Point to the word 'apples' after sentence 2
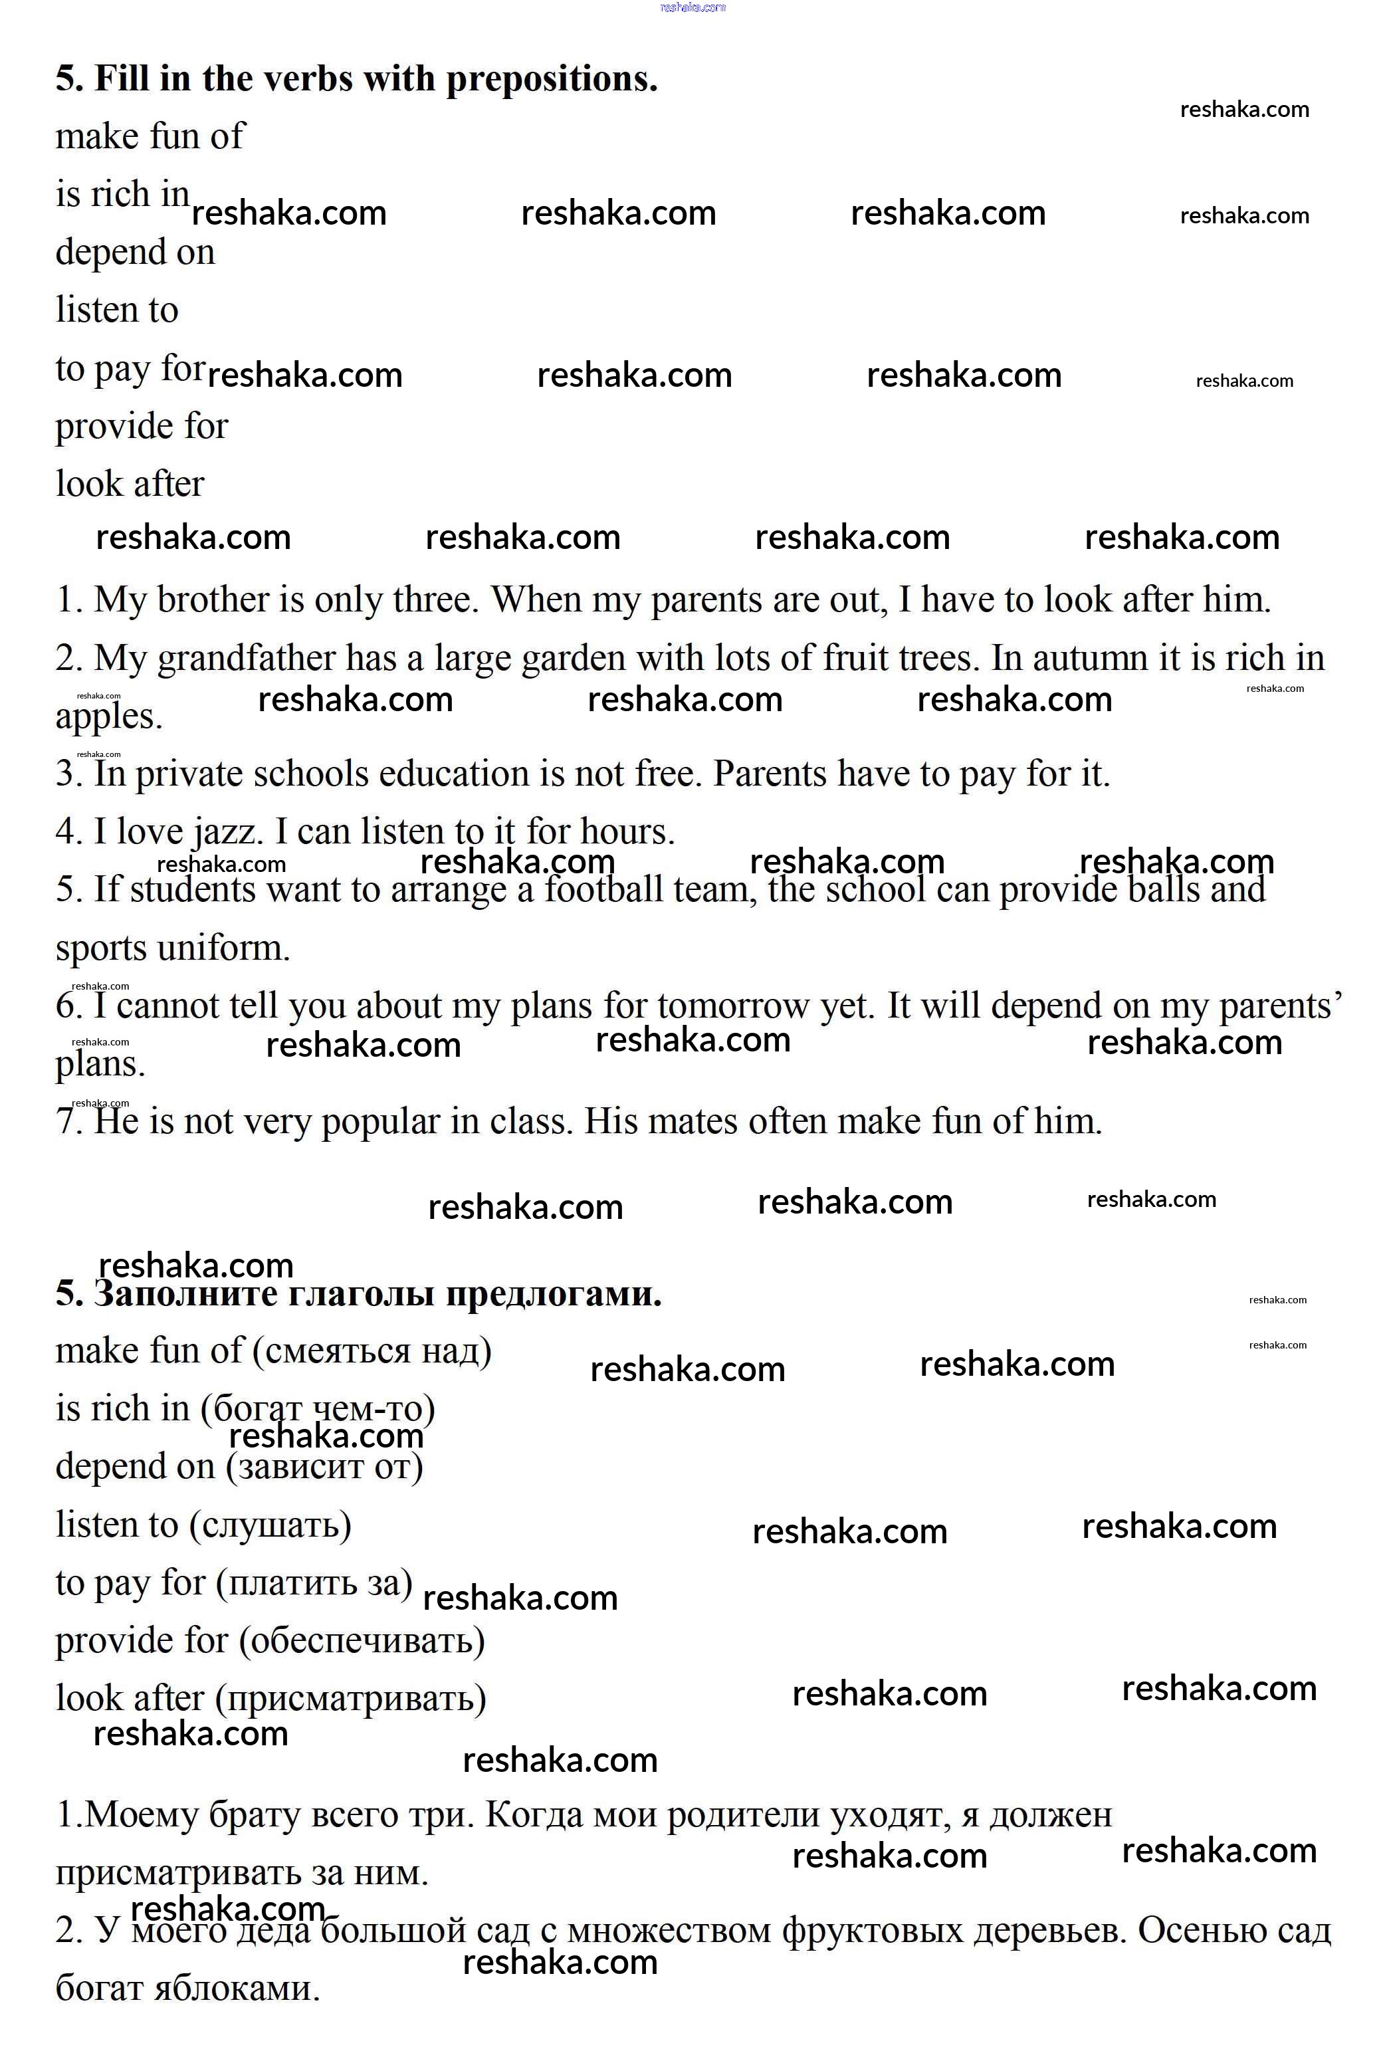(x=108, y=717)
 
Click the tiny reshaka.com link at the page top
(x=692, y=7)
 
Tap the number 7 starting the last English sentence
(x=66, y=1122)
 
